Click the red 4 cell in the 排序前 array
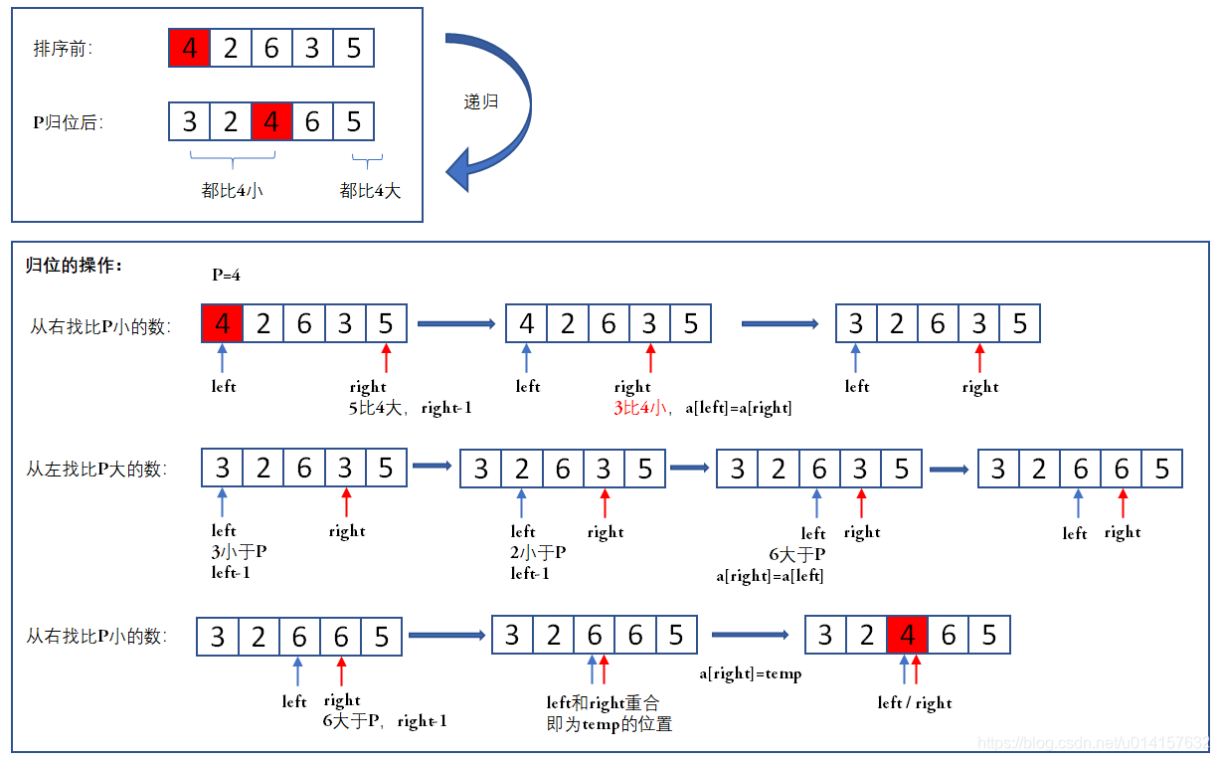(190, 48)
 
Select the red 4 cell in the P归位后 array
(271, 122)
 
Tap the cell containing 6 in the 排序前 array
(271, 48)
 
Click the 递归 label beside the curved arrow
(481, 101)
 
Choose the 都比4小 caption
(233, 191)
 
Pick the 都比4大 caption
(370, 191)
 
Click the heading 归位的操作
(74, 267)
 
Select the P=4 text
(226, 275)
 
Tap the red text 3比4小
(639, 407)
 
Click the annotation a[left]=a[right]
(739, 407)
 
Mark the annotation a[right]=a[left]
(770, 575)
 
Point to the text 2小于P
(538, 552)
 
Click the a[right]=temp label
(750, 673)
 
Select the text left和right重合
(603, 702)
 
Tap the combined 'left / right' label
(915, 703)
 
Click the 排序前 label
(63, 49)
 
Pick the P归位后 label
(68, 123)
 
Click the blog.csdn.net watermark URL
(1094, 743)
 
